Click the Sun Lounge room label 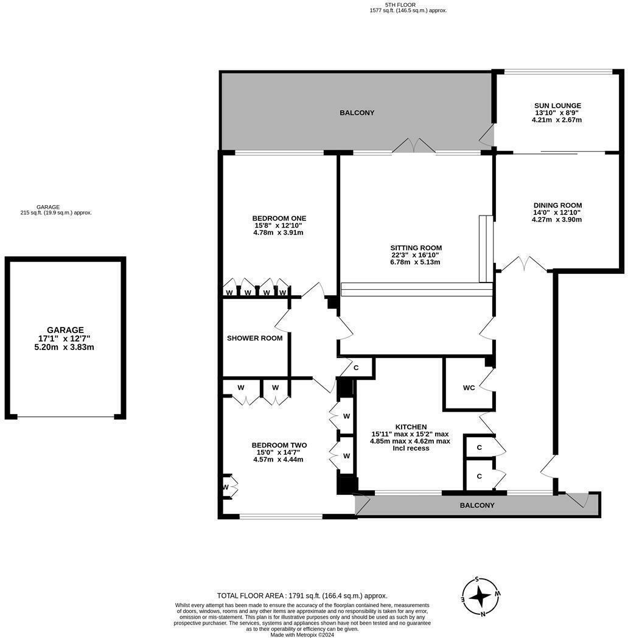557,105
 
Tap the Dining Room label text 557,205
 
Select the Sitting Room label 416,248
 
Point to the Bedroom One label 279,218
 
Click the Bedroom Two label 279,445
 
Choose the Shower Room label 254,338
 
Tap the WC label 469,388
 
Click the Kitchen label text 411,427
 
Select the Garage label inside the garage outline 65,330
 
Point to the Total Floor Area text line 302,596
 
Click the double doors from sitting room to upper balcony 413,146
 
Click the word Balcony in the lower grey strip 477,505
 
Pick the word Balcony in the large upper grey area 357,113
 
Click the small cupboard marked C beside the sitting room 355,368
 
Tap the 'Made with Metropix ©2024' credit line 302,634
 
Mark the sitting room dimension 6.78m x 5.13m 416,262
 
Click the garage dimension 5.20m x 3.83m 65,347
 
